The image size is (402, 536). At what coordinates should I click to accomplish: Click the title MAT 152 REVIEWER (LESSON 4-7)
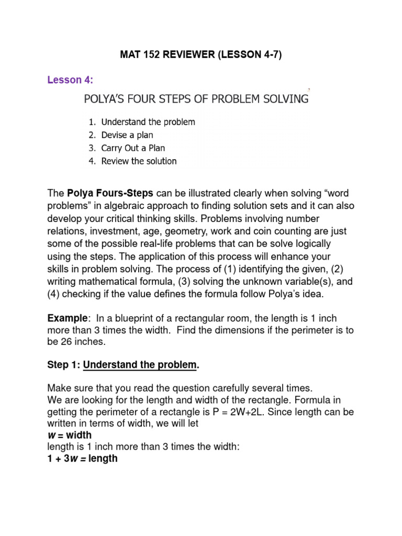point(201,55)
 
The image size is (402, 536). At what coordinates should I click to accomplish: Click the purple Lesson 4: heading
point(70,80)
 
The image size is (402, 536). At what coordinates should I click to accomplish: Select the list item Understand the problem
point(148,122)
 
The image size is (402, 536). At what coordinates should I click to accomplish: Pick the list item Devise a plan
point(127,135)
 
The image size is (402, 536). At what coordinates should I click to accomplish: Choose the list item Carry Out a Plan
point(133,148)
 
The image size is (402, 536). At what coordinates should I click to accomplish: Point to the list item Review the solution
point(139,161)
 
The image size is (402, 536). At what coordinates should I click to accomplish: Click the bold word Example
point(66,318)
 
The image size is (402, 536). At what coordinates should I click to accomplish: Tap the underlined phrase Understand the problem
point(140,365)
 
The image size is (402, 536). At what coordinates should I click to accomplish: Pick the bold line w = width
point(69,435)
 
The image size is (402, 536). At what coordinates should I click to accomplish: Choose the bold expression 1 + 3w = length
point(82,459)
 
